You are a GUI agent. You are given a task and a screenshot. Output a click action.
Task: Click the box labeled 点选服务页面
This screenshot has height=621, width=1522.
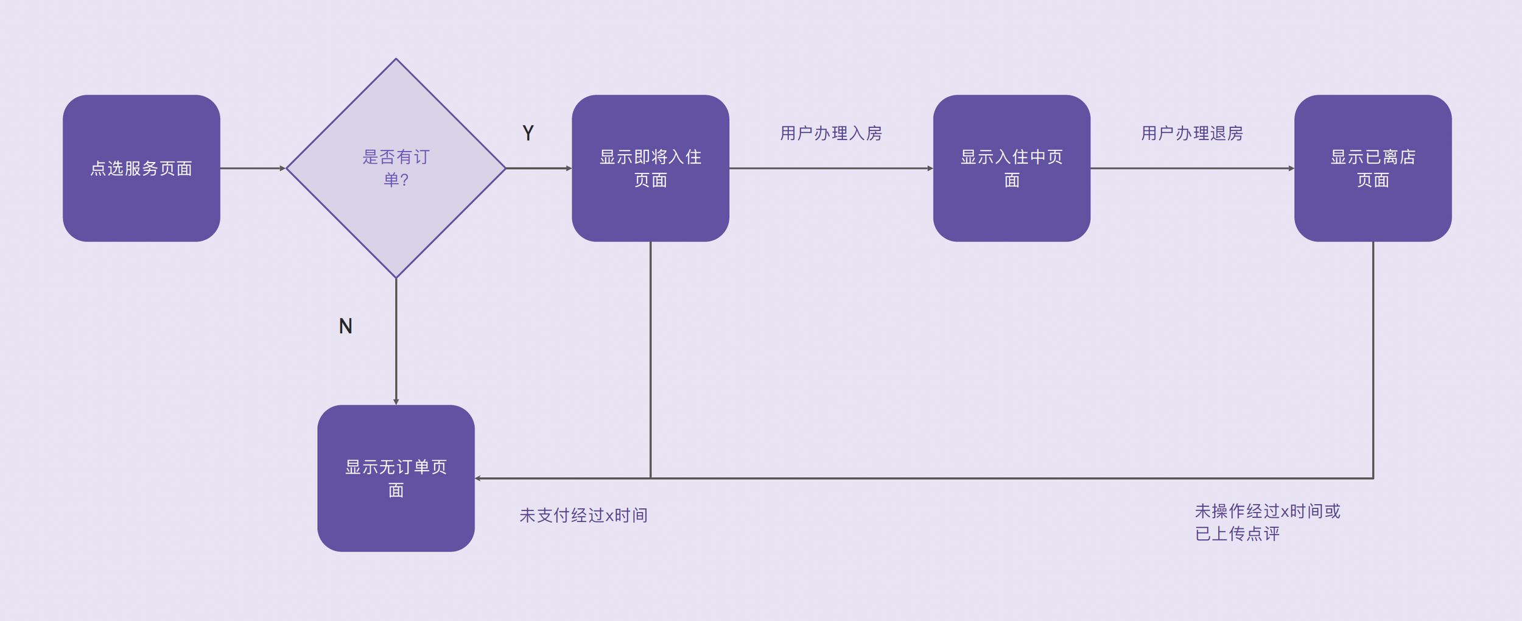141,168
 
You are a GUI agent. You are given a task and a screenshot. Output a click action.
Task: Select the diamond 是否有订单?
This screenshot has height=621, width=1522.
396,168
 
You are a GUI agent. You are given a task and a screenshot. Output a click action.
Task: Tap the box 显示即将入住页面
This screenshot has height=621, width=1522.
650,168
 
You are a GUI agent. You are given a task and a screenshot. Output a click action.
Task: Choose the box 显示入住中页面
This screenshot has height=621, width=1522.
1011,168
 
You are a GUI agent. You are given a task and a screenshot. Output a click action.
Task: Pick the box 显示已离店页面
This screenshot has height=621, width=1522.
1373,168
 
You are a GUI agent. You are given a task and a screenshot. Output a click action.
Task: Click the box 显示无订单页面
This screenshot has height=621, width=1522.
396,478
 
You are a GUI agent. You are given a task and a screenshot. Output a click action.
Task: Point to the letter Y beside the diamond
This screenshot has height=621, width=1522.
528,133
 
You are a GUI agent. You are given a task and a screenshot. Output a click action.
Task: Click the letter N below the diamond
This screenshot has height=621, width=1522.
345,326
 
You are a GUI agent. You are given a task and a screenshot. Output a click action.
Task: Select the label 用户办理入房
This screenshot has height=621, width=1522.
831,133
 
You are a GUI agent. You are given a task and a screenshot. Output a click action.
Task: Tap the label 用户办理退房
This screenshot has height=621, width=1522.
1192,133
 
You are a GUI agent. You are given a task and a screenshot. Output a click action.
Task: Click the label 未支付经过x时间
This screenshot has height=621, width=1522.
583,515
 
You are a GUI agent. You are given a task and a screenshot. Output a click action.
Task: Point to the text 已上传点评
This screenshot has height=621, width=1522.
1237,533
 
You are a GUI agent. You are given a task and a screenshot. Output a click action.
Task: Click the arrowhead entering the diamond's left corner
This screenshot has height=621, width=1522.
282,168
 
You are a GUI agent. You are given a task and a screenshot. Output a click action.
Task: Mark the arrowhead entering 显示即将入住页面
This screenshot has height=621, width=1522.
569,168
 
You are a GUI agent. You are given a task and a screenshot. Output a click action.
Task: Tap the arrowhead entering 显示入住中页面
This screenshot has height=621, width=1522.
930,168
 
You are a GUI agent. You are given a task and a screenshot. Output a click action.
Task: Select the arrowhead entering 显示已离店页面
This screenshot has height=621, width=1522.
1291,168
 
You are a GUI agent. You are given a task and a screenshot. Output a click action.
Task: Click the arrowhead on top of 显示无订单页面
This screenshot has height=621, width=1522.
396,402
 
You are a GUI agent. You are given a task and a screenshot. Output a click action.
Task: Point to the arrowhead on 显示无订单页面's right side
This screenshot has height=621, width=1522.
478,478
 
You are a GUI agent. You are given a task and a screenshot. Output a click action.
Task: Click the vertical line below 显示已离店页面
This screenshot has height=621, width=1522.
1373,360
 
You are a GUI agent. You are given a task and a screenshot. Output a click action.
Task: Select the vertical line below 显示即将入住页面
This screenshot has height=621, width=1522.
650,360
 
